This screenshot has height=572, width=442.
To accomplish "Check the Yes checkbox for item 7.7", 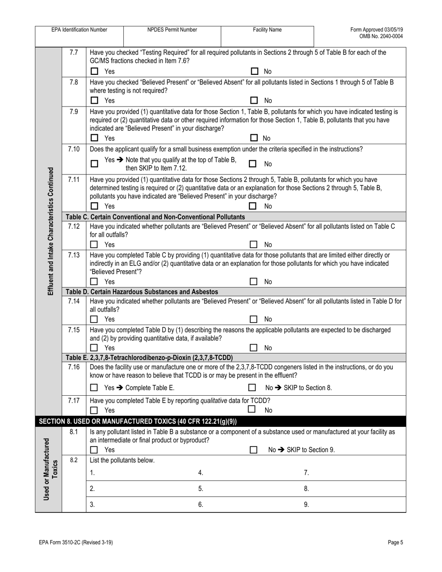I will point(94,72).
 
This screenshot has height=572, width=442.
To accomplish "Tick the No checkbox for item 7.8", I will point(254,100).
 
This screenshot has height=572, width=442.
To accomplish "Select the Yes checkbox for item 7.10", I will point(94,164).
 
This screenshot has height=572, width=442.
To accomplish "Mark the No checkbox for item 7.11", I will point(254,206).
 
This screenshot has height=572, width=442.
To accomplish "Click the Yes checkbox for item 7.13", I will point(94,282).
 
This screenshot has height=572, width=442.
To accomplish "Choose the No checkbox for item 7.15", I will point(254,348).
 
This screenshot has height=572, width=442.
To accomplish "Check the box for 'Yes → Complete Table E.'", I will point(94,388).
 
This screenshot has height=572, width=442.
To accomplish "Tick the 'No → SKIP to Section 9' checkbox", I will point(254,450).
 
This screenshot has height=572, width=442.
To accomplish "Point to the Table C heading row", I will point(156,217).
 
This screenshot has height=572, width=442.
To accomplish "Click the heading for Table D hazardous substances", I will point(142,292).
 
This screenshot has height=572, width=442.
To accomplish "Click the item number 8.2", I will point(74,460).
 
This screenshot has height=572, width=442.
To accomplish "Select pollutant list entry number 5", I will point(201,489).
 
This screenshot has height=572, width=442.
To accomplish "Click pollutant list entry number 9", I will point(306,504).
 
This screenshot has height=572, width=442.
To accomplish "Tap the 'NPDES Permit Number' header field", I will point(172,30).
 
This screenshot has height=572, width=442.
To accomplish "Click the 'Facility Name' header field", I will point(267,30).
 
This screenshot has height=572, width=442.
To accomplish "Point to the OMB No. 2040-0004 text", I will point(381,36).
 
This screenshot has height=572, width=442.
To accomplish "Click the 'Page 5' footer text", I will point(395,542).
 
